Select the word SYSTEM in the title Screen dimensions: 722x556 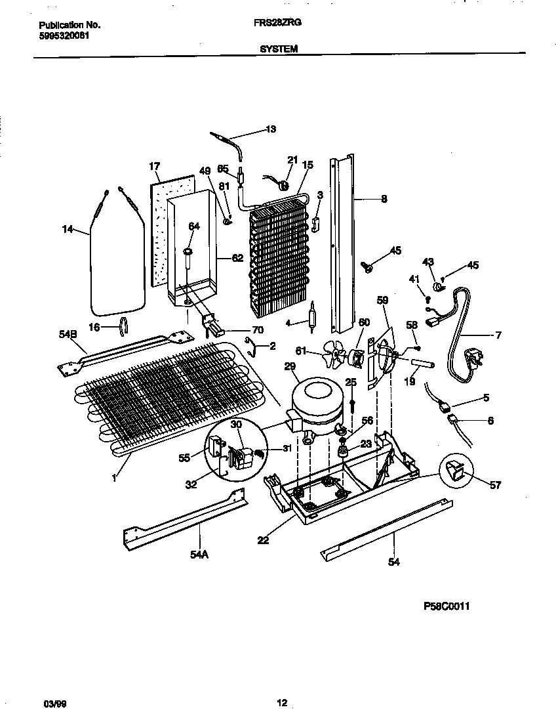point(278,48)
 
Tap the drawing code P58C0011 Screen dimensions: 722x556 point(447,606)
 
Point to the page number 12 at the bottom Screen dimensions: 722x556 point(281,704)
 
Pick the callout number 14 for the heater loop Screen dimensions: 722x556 point(67,229)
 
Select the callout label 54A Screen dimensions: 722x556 point(199,555)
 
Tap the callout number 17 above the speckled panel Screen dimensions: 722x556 point(155,167)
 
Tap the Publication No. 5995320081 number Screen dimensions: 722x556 point(61,35)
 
